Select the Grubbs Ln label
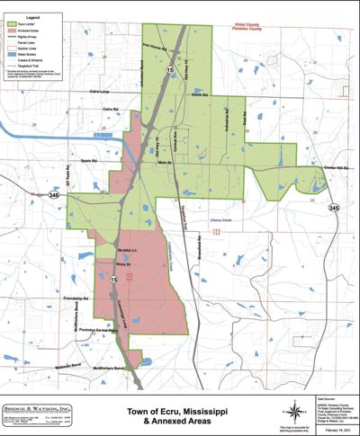126,248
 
